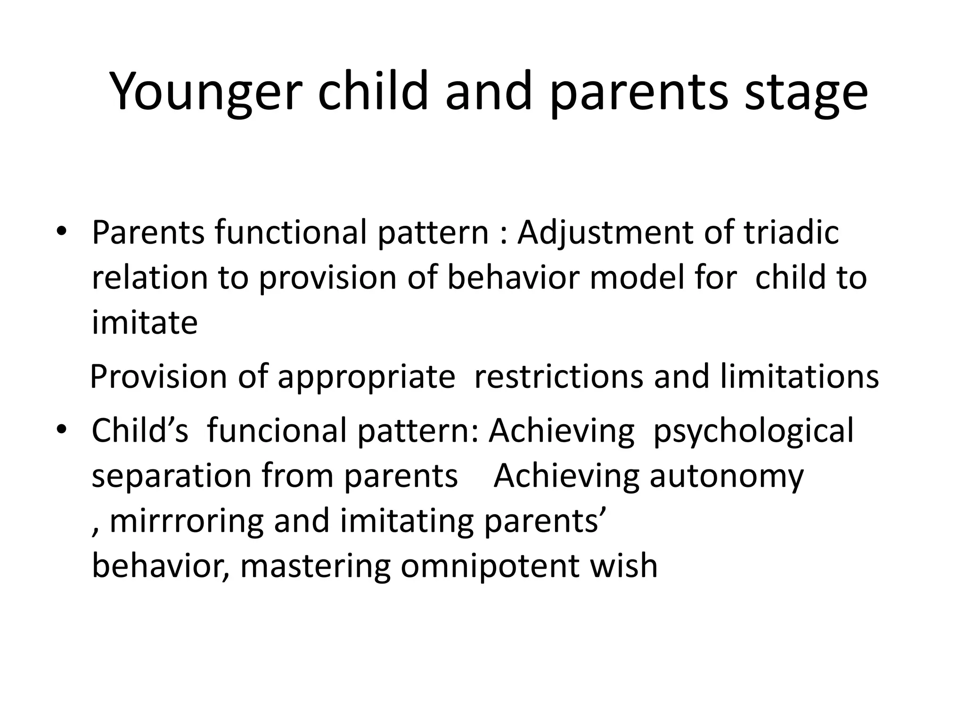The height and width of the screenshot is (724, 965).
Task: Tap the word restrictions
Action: pyautogui.click(x=559, y=377)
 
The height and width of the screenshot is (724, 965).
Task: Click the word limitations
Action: pyautogui.click(x=799, y=377)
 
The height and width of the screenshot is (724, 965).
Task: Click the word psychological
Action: pyautogui.click(x=753, y=430)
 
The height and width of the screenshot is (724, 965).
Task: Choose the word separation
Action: pyautogui.click(x=172, y=476)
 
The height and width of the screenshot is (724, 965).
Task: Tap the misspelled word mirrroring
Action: pyautogui.click(x=186, y=521)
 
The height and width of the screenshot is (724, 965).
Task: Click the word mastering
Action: pyautogui.click(x=315, y=566)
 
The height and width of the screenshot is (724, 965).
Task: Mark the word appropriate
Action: pyautogui.click(x=366, y=377)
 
